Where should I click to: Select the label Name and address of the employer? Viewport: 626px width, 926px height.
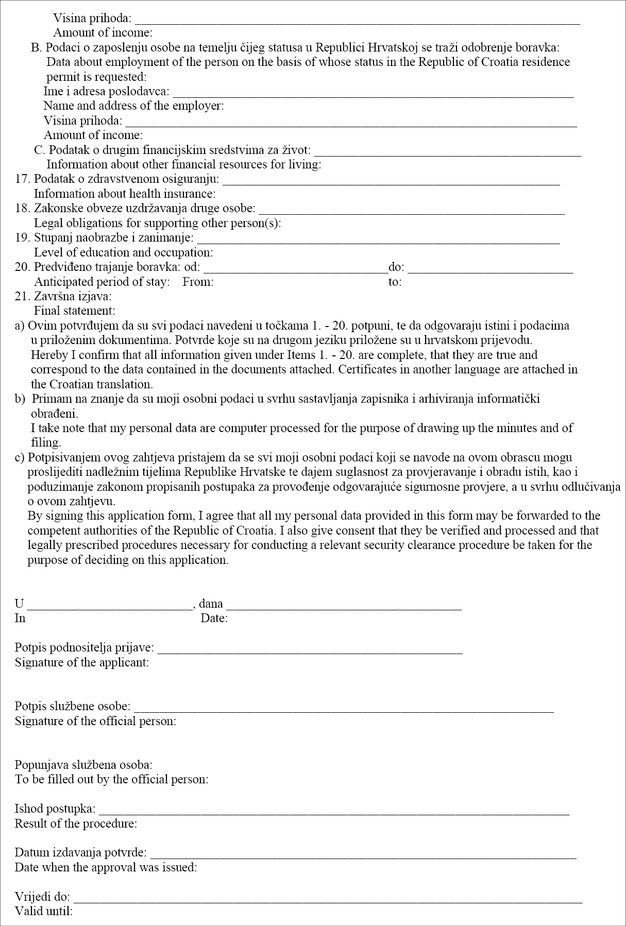click(133, 106)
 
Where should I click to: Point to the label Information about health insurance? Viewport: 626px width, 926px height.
click(125, 194)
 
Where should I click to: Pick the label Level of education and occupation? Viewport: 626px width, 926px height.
click(123, 253)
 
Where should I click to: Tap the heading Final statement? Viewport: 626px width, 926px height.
click(74, 311)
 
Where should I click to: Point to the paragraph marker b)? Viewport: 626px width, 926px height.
click(20, 399)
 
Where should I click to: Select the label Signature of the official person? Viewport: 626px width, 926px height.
click(95, 721)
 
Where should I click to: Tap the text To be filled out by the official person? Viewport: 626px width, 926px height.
click(111, 779)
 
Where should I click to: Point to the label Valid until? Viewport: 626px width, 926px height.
click(44, 911)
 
